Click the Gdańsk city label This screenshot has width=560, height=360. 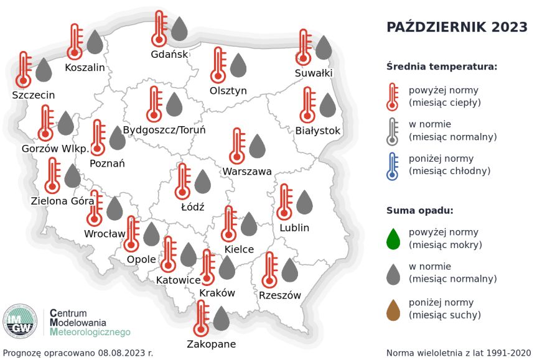pos(169,54)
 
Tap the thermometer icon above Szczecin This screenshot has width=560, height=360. pos(24,69)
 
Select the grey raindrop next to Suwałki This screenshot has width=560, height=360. pos(323,47)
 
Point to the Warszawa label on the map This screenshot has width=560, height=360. pos(247,171)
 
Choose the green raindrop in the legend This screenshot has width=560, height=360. pos(393,238)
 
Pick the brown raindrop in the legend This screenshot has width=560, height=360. pos(393,309)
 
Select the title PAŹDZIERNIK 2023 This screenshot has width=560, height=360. pos(457,27)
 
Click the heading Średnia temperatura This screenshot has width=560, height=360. pos(441,67)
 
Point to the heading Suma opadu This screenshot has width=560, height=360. pos(419,210)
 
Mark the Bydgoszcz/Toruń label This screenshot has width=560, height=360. pos(164,131)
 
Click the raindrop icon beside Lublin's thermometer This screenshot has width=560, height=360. pos(304,203)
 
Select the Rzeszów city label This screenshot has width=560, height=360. pos(280,295)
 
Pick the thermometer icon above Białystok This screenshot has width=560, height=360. pos(307,104)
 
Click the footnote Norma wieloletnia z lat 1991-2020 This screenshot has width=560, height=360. pos(459,353)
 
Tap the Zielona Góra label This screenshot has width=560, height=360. pos(62,201)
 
